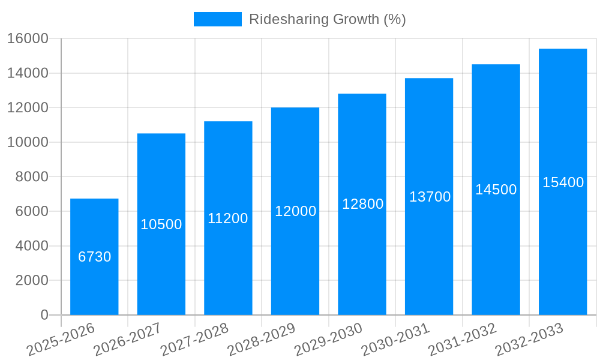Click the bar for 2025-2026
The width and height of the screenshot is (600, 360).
tap(94, 282)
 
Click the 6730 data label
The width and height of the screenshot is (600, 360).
tap(95, 257)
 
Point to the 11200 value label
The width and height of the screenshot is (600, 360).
tap(228, 218)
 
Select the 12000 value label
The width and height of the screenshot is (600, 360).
tap(295, 211)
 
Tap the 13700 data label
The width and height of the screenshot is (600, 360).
tap(430, 197)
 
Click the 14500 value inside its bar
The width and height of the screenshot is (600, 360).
tap(496, 190)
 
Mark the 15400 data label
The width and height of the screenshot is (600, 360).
tap(563, 182)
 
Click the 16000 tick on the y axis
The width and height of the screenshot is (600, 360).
tap(28, 38)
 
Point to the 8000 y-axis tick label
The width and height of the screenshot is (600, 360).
tap(31, 177)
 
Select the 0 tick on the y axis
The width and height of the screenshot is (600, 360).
tap(44, 315)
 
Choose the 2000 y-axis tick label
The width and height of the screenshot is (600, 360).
tap(31, 280)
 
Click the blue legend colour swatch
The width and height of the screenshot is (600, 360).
tap(217, 19)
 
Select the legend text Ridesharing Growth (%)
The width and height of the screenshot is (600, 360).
tap(327, 19)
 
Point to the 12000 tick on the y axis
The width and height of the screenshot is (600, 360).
tap(28, 108)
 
